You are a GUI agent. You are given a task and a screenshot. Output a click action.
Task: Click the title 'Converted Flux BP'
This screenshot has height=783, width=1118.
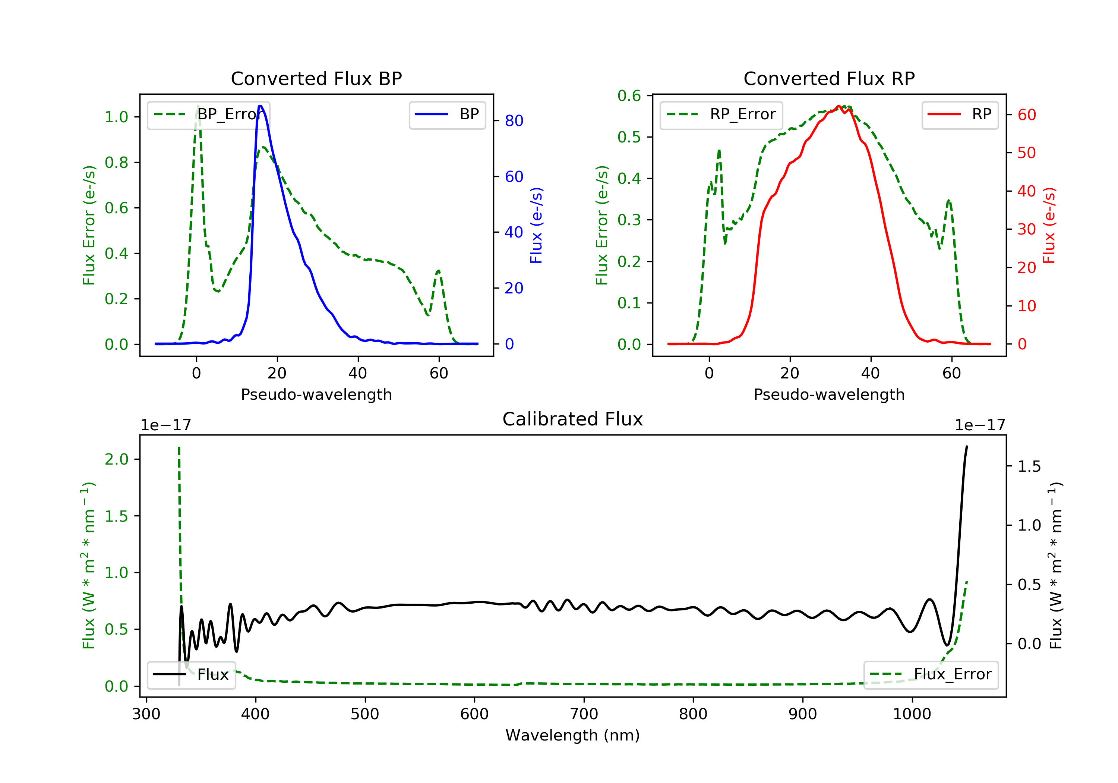316,78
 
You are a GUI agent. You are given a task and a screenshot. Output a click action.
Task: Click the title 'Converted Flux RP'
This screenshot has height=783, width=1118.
829,78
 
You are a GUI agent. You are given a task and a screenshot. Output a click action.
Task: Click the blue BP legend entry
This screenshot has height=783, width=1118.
447,114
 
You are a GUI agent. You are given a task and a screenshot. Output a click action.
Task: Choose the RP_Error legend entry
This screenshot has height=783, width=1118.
721,114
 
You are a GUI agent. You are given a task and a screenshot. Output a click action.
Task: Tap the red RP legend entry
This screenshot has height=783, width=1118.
960,114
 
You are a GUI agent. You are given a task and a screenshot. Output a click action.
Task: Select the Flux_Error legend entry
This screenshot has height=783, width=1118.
931,674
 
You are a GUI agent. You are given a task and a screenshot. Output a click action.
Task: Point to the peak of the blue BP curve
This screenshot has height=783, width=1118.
260,106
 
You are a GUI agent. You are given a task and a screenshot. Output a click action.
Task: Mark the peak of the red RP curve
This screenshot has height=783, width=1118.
838,106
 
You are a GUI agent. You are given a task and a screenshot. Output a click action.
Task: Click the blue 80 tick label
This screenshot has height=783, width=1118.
514,121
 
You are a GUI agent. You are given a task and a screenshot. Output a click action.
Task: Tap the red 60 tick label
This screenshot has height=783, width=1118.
1026,115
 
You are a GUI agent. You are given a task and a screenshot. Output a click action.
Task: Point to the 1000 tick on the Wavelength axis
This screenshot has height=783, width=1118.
912,714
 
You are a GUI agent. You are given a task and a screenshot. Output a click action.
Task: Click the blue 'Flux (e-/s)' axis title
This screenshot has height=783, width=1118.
536,225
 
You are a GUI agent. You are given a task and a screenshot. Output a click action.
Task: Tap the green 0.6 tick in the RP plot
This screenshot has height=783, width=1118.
629,96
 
